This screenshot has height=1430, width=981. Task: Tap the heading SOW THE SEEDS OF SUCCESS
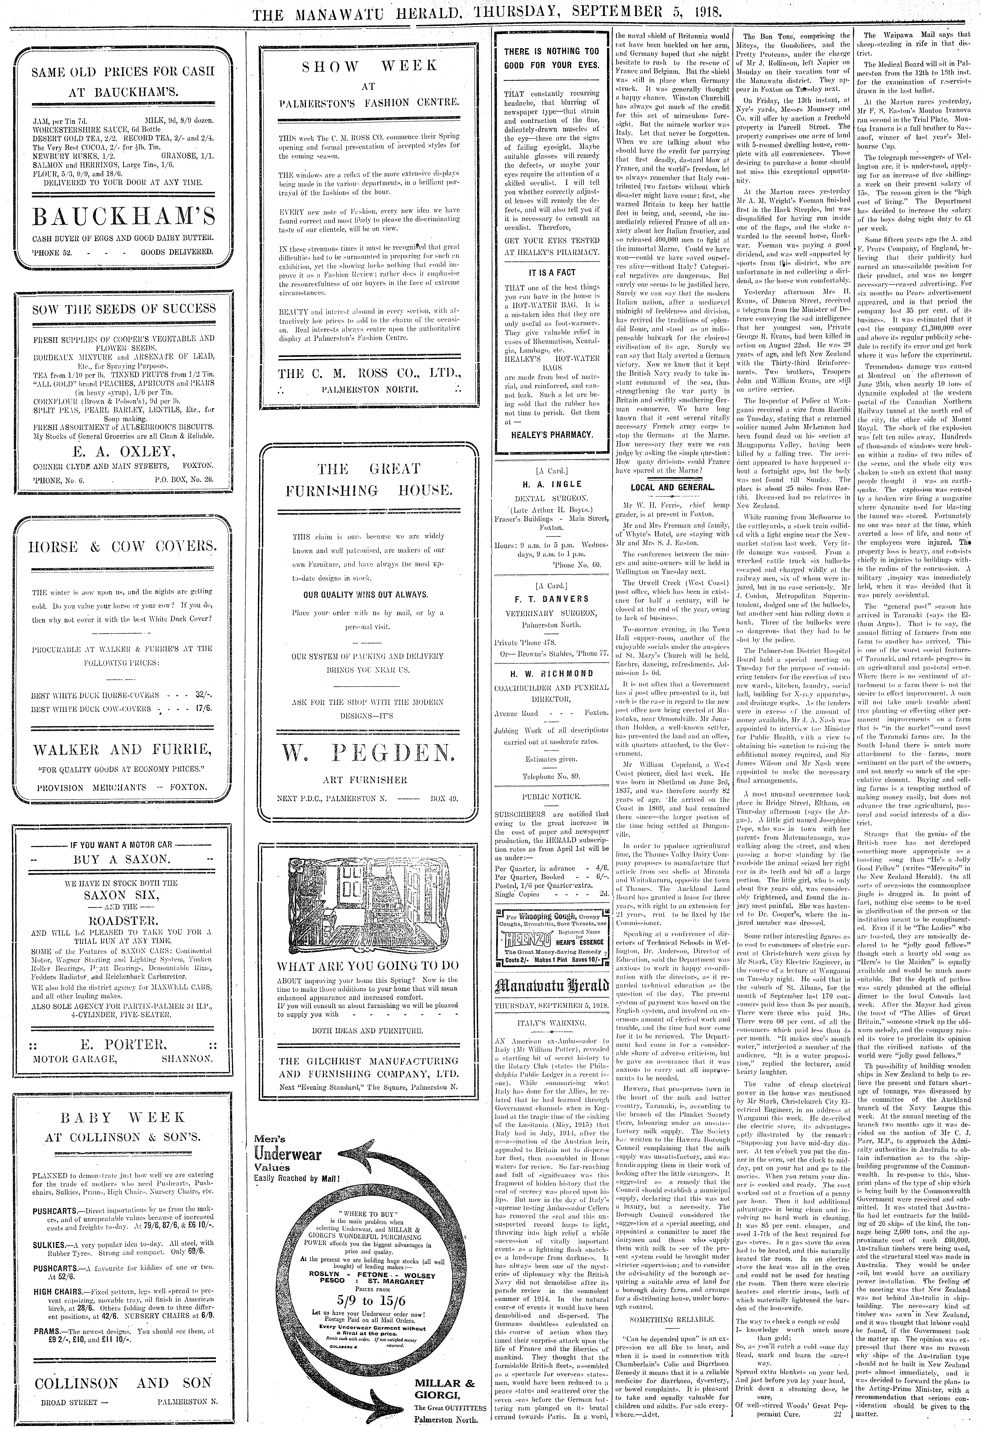click(124, 309)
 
